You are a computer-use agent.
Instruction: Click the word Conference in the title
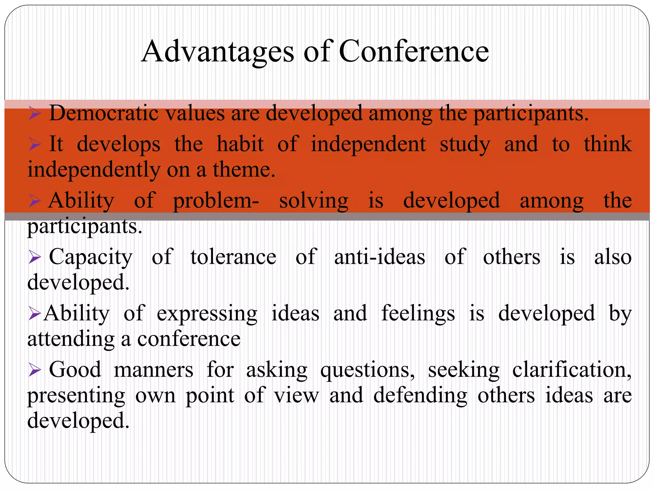[414, 52]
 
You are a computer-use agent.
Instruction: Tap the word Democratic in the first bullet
[103, 114]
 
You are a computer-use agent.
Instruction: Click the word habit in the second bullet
[240, 144]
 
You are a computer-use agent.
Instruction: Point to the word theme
[244, 170]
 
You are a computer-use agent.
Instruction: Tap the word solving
[314, 201]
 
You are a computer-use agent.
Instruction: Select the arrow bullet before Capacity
[34, 257]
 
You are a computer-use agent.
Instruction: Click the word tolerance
[233, 257]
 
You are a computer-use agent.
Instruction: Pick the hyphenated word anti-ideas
[379, 257]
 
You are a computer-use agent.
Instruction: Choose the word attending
[71, 339]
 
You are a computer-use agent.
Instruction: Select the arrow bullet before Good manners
[34, 370]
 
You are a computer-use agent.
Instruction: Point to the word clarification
[572, 370]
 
